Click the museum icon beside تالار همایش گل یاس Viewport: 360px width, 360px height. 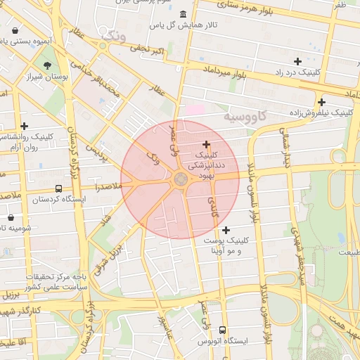pyautogui.click(x=184, y=15)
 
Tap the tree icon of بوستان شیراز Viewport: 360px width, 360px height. pyautogui.click(x=48, y=66)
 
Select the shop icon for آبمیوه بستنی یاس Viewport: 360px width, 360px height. pyautogui.click(x=15, y=31)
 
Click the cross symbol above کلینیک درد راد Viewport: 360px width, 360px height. pyautogui.click(x=297, y=61)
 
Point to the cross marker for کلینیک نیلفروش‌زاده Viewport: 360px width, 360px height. pyautogui.click(x=321, y=101)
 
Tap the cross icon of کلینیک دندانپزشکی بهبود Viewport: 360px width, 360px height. pyautogui.click(x=205, y=143)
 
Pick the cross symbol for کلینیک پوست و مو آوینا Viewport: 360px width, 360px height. pyautogui.click(x=226, y=230)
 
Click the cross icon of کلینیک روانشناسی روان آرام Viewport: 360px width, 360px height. pyautogui.click(x=25, y=126)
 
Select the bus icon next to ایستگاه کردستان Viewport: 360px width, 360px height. pyautogui.click(x=58, y=188)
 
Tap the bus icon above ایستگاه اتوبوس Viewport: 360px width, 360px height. pyautogui.click(x=223, y=330)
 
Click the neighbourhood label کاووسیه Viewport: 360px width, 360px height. pyautogui.click(x=246, y=116)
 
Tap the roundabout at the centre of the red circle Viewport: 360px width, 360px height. pyautogui.click(x=180, y=179)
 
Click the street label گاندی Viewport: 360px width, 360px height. pyautogui.click(x=213, y=207)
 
